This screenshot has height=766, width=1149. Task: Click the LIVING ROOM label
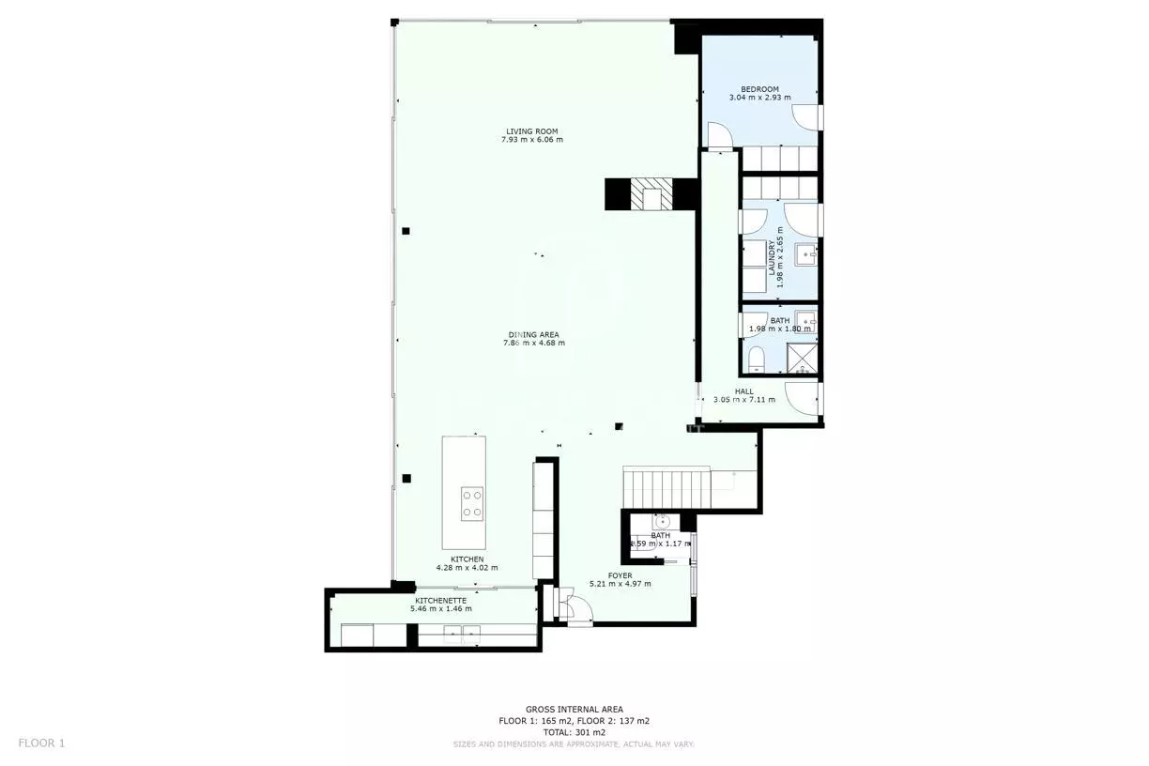(532, 131)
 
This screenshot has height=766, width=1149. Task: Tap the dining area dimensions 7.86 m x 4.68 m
(533, 344)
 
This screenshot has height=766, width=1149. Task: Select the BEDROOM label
(759, 89)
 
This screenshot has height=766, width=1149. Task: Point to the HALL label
(743, 391)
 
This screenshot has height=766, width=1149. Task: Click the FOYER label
(620, 575)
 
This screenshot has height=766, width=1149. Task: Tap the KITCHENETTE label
(441, 600)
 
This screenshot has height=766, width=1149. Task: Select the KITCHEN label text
(467, 559)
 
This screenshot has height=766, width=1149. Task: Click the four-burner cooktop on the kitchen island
(472, 503)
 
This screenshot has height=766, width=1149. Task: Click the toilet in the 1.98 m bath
(757, 357)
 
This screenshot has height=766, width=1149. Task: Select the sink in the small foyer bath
(661, 522)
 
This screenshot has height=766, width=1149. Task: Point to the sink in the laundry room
(805, 253)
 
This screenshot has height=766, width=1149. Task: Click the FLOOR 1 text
(41, 743)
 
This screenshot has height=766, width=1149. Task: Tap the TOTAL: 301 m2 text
(574, 732)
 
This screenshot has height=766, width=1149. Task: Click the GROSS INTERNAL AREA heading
(574, 710)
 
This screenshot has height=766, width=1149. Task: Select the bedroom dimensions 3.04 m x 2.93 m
(759, 98)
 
